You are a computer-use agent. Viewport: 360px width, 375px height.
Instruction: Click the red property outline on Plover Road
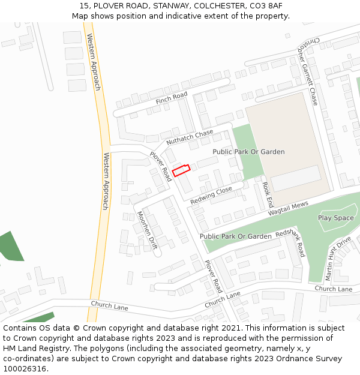[181, 170]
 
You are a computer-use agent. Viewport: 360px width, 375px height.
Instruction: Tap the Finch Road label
[172, 98]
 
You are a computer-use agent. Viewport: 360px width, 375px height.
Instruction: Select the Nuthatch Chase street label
[190, 137]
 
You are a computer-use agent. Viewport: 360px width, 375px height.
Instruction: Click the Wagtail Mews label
[288, 208]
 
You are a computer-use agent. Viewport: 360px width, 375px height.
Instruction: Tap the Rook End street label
[268, 194]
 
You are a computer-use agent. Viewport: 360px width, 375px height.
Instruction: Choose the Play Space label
[336, 218]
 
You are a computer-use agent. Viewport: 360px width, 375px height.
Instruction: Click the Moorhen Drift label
[147, 230]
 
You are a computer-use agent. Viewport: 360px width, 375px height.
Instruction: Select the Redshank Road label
[290, 243]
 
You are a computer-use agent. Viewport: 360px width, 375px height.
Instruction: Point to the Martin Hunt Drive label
[338, 259]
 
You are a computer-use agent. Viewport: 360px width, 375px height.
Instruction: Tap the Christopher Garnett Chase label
[307, 71]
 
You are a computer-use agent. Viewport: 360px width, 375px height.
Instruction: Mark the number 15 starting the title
[84, 5]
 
